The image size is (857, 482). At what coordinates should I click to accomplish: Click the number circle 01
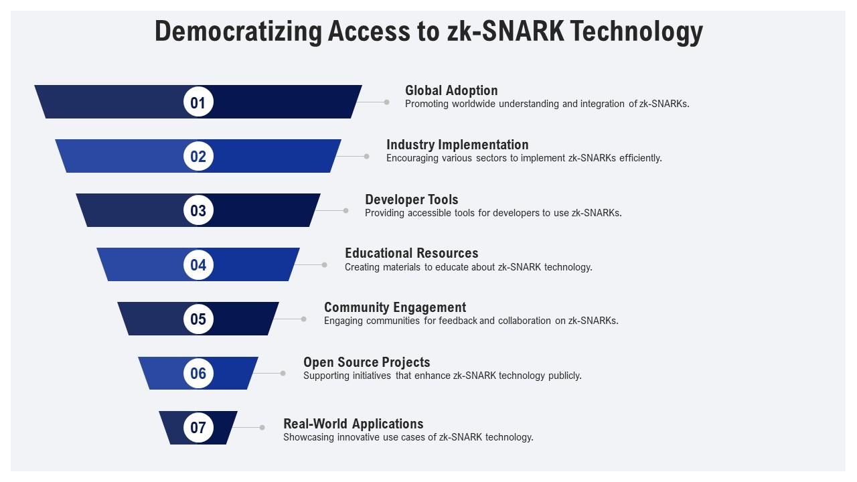[x=198, y=102]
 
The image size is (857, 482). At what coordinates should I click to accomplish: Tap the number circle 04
[x=198, y=264]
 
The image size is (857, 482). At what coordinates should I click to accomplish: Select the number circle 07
[x=198, y=427]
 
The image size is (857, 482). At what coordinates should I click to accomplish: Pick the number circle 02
[x=198, y=157]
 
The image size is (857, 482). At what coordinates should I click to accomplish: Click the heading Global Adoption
[x=451, y=90]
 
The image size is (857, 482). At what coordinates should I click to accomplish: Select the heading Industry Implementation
[x=457, y=145]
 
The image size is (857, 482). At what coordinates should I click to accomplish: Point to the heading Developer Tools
[x=412, y=199]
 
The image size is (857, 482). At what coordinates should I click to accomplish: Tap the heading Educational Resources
[x=412, y=253]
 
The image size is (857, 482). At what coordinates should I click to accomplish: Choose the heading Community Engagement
[x=395, y=307]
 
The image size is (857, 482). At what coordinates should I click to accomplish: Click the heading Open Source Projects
[x=367, y=362]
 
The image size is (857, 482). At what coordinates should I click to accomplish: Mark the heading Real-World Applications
[x=354, y=424]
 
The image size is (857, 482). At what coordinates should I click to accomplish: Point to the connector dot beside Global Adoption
[x=386, y=102]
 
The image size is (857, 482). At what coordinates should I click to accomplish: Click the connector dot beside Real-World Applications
[x=262, y=427]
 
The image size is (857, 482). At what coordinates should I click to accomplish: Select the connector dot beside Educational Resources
[x=325, y=264]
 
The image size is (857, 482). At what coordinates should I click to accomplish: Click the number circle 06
[x=198, y=373]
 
